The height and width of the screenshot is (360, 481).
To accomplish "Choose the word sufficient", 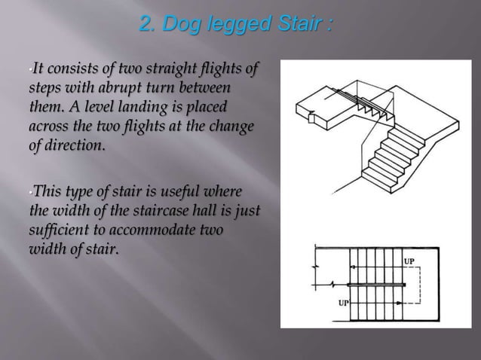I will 57,221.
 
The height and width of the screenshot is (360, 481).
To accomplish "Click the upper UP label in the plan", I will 412,261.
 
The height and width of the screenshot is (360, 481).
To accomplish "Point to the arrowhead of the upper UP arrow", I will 351,267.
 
